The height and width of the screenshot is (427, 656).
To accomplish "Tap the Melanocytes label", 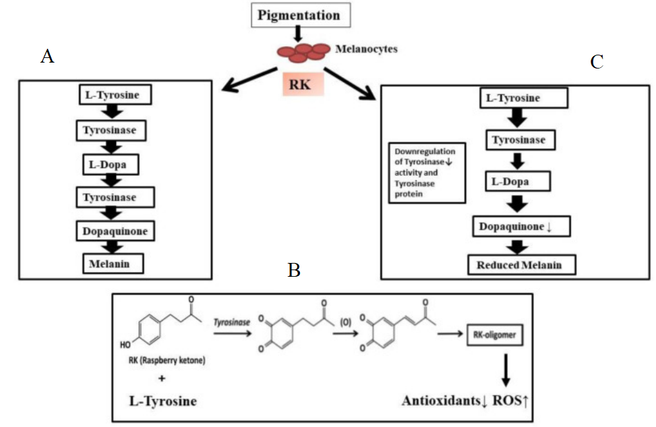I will coord(366,49).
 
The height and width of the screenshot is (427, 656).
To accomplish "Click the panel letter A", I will coord(47,56).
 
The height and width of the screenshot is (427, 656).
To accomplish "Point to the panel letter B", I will coord(295,269).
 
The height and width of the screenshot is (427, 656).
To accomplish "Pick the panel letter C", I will coord(596,62).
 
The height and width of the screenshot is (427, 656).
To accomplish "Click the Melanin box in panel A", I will coord(113,264).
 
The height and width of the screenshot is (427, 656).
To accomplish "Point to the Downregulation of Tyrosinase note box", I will coord(425,173).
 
